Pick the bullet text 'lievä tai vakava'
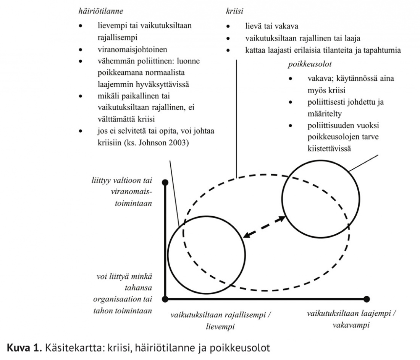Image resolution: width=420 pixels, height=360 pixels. [x=272, y=26]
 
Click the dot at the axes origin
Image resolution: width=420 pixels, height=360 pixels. [x=165, y=298]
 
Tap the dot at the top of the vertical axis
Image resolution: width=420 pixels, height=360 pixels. [x=165, y=182]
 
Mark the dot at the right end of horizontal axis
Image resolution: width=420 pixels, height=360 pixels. [x=367, y=298]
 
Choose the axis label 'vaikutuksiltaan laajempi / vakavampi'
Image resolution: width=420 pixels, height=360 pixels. [x=351, y=319]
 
